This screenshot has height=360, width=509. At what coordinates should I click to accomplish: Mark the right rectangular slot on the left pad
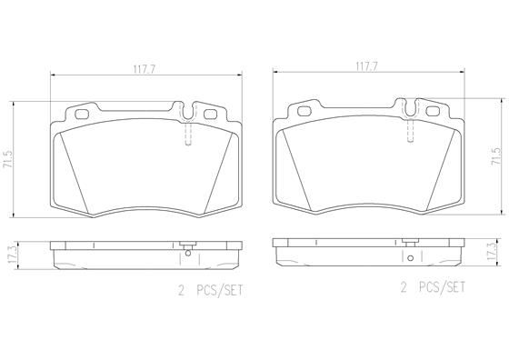[x=210, y=115]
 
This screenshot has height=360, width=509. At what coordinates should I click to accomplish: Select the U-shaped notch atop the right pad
[x=410, y=110]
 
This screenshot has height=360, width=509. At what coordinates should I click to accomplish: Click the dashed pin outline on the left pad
[x=187, y=135]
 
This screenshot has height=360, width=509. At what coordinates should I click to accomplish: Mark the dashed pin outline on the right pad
[x=410, y=132]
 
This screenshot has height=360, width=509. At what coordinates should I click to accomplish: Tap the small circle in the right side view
[x=409, y=259]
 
